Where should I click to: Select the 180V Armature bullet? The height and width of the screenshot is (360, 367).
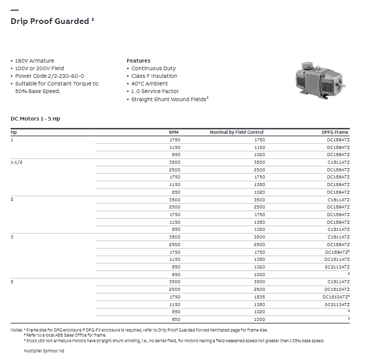[x=35, y=61]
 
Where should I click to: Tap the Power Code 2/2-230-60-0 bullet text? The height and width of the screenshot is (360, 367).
[x=49, y=76]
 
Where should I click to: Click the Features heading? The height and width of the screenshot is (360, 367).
[x=138, y=61]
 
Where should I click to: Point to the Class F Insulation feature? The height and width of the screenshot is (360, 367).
[x=154, y=76]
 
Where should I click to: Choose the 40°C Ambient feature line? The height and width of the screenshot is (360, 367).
[x=149, y=83]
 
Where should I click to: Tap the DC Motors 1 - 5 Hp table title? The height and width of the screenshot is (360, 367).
[x=35, y=118]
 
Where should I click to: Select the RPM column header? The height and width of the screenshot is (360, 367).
[x=174, y=132]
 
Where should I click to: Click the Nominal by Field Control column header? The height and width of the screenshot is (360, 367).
[x=236, y=132]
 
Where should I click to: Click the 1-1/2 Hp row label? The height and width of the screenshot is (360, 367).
[x=17, y=162]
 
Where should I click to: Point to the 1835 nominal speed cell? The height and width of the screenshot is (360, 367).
[x=259, y=296]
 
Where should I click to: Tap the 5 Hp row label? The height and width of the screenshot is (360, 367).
[x=12, y=282]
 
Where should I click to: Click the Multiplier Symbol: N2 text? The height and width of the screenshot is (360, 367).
[x=44, y=351]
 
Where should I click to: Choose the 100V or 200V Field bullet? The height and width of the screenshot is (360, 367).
[x=39, y=68]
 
